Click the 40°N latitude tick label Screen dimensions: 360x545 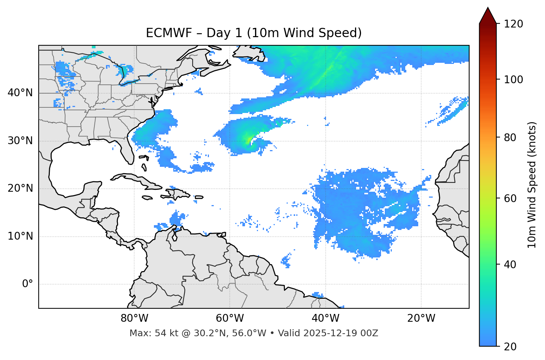tap(20, 93)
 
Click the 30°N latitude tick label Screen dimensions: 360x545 tap(20, 141)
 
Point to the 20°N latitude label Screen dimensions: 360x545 tap(20, 188)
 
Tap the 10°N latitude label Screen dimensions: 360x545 tap(20, 236)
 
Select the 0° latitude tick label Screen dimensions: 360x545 tap(28, 284)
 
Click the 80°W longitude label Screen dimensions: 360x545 tap(134, 318)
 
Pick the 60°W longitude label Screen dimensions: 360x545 tap(230, 318)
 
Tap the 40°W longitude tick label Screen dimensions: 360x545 tap(325, 318)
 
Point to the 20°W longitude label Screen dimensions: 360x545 tap(421, 318)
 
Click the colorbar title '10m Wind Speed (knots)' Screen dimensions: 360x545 tap(532, 185)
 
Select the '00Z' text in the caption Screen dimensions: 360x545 tap(369, 333)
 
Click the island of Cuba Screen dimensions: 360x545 tap(136, 179)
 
